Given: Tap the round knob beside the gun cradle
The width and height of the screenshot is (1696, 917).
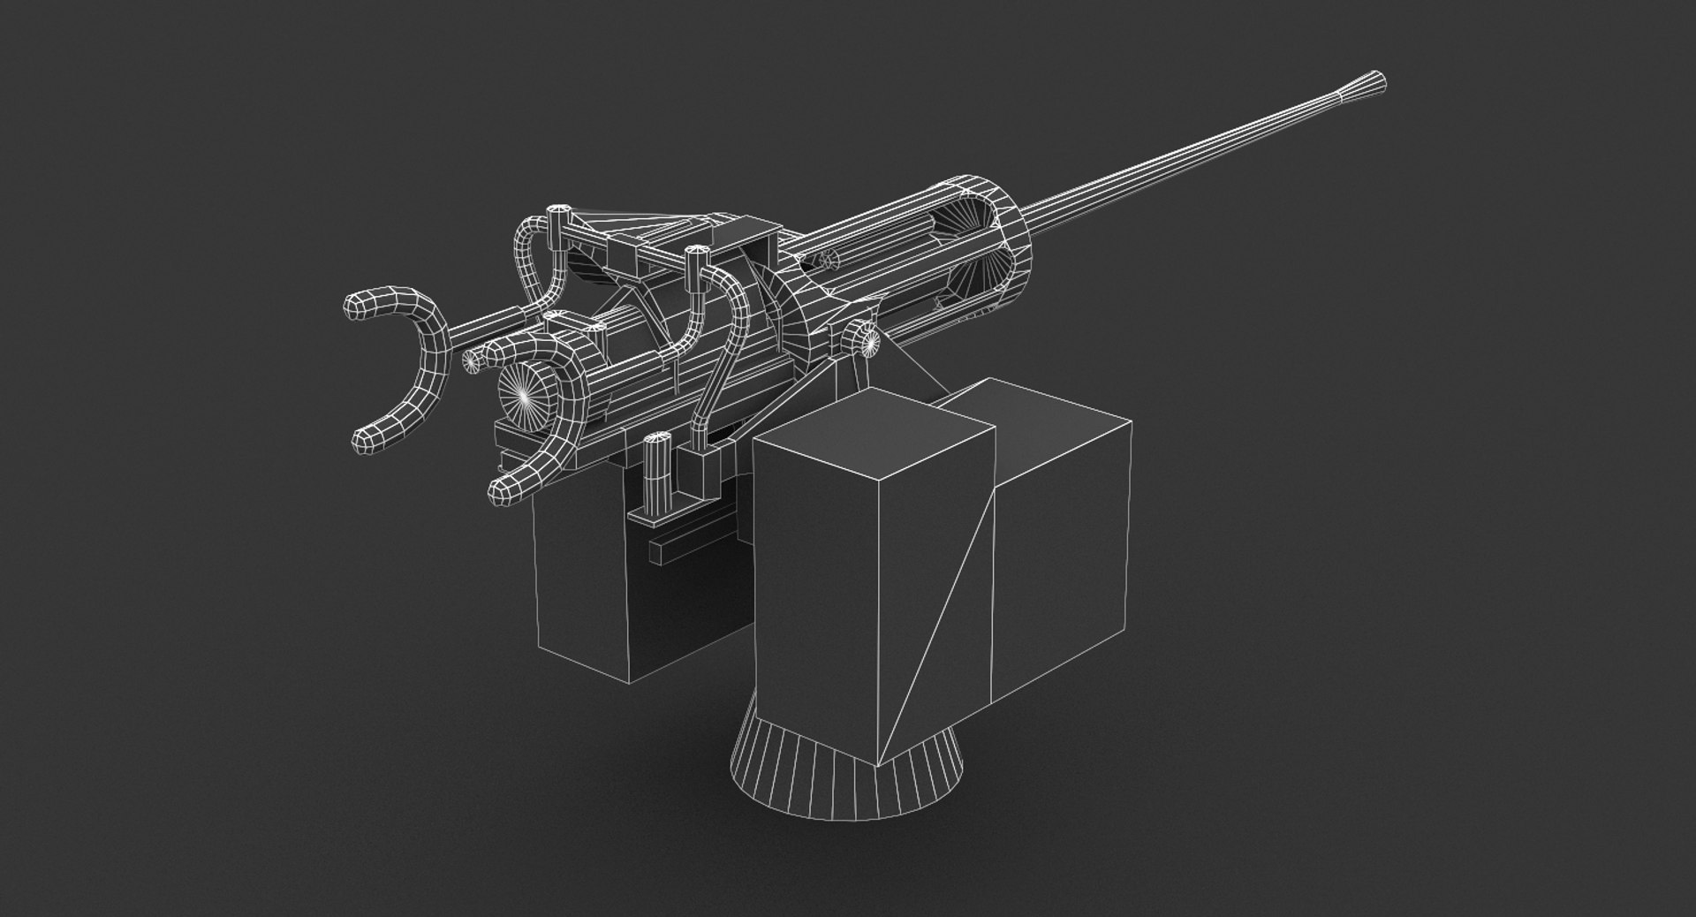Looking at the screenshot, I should pos(861,337).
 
